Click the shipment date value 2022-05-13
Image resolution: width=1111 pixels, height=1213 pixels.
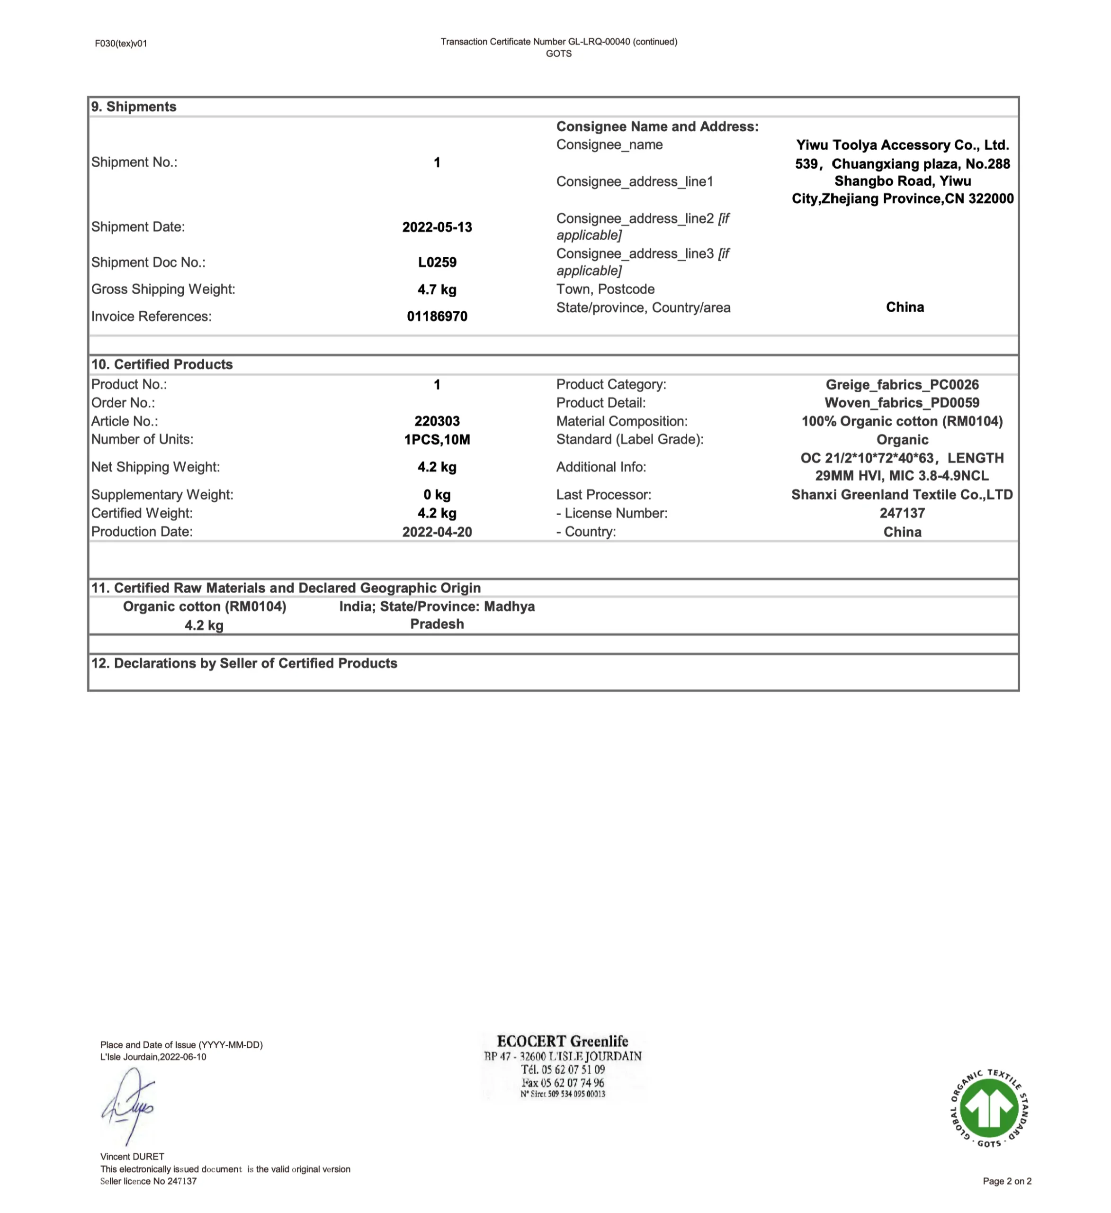(437, 227)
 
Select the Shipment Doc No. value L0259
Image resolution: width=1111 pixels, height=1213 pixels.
(437, 263)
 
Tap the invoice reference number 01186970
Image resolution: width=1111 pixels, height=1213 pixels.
(437, 317)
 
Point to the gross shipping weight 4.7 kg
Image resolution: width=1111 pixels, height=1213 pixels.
(437, 290)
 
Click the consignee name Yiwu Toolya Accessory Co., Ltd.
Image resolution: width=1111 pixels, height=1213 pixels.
(902, 145)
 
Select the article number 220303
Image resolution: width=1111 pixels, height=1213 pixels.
(437, 421)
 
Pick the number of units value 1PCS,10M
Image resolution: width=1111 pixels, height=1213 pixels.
(437, 440)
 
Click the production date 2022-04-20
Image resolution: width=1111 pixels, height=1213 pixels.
(437, 532)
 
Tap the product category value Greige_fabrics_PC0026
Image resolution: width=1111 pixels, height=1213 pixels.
(902, 384)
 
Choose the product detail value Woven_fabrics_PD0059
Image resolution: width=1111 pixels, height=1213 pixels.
(902, 403)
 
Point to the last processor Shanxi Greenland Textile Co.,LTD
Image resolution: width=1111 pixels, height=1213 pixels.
(902, 495)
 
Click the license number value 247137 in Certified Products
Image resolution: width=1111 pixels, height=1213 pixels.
(902, 513)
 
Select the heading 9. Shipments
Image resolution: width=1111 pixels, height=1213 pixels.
(134, 107)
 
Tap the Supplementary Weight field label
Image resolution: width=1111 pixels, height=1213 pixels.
(162, 495)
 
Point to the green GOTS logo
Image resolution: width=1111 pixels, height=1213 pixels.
(989, 1108)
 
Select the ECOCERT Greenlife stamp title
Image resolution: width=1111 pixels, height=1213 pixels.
(563, 1041)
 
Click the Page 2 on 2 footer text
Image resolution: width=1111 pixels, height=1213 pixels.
(1006, 1181)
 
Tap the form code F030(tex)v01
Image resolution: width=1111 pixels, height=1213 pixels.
(121, 43)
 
